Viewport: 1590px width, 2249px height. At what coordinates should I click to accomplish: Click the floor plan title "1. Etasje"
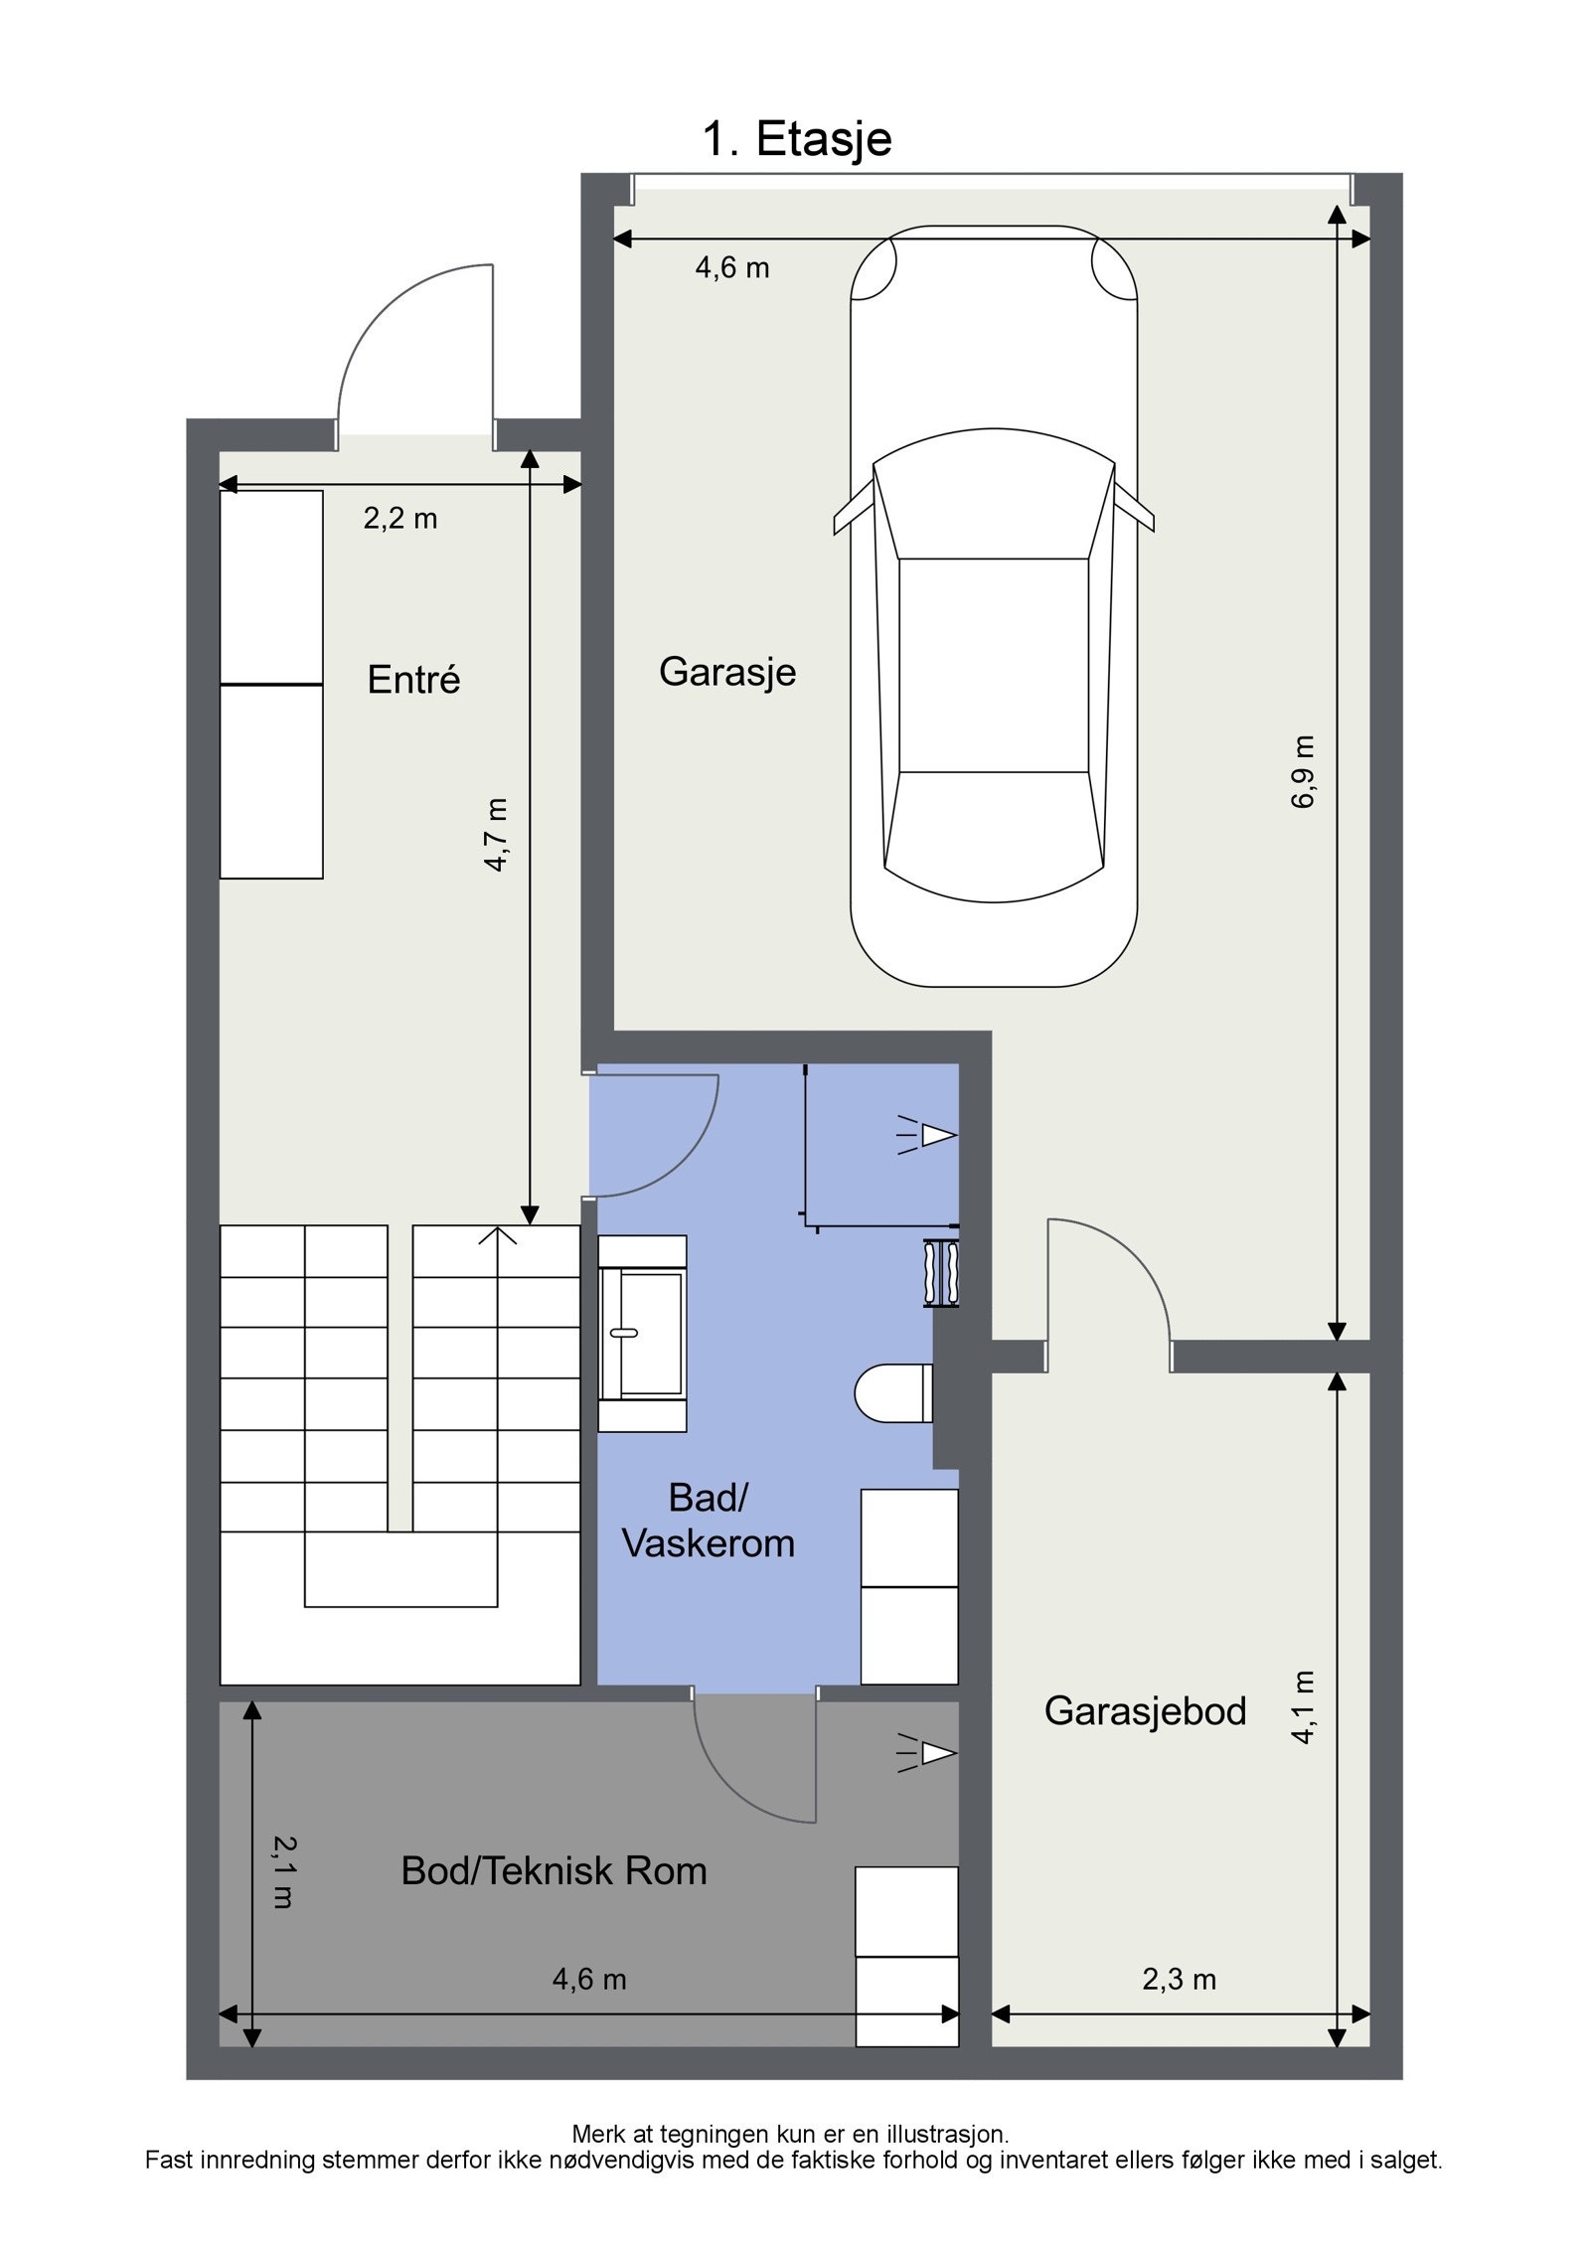coord(797,139)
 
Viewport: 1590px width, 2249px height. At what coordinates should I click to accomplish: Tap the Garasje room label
coord(727,673)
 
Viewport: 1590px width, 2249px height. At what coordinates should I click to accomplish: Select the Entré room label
coord(413,679)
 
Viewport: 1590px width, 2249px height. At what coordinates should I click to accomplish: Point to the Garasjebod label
coord(1145,1710)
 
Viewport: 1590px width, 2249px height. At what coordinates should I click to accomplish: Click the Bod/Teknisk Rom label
coord(554,1870)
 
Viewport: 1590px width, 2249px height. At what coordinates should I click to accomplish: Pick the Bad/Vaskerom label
coord(708,1520)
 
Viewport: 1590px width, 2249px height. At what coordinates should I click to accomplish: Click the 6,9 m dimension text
coord(1303,771)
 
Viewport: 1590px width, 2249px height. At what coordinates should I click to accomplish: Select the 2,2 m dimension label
coord(399,519)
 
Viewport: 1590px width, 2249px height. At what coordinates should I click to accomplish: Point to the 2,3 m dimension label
coord(1179,1979)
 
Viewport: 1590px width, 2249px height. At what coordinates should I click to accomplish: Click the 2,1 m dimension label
coord(283,1870)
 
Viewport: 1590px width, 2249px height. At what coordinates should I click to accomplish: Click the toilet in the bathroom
coord(893,1392)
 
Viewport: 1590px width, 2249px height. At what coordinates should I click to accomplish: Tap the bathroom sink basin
coord(641,1334)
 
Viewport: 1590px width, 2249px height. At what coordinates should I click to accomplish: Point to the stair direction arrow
coord(498,1236)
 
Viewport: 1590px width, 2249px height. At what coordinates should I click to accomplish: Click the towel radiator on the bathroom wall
coord(942,1273)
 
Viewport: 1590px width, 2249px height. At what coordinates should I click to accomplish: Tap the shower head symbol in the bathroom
coord(926,1135)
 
